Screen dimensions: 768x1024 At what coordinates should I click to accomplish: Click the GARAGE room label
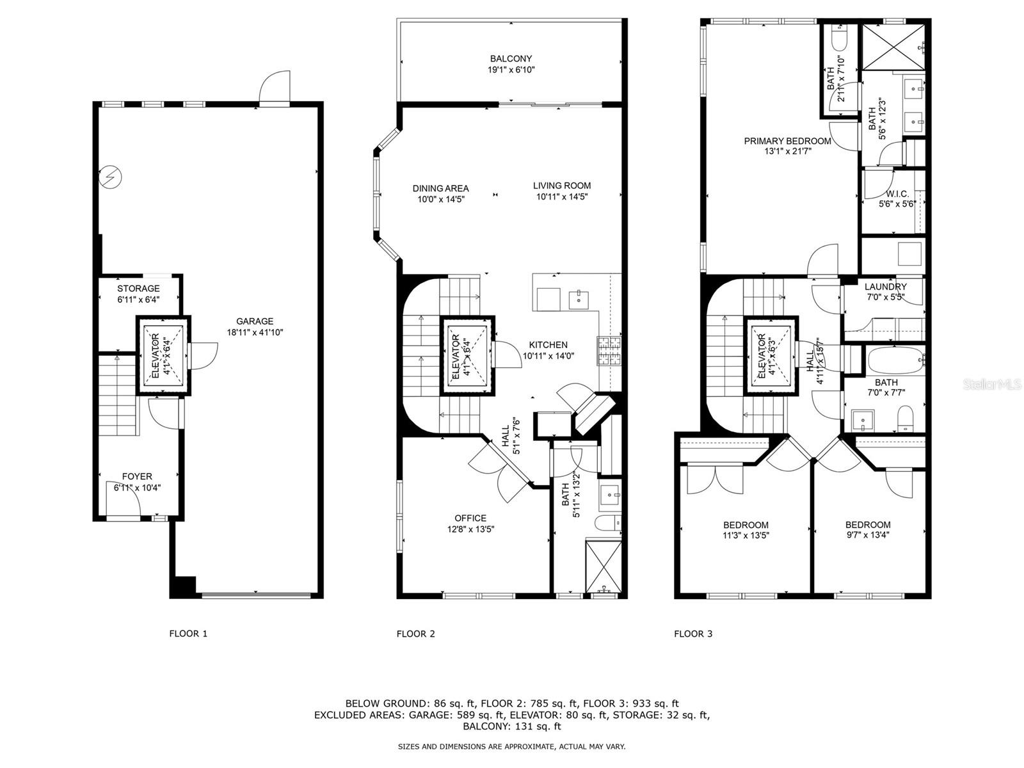(255, 321)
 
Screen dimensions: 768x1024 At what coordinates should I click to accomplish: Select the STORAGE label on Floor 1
(138, 289)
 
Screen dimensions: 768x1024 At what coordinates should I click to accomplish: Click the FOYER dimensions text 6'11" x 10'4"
(138, 487)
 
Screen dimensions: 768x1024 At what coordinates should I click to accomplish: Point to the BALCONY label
(511, 59)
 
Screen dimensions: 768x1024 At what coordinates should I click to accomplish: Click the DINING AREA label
(440, 188)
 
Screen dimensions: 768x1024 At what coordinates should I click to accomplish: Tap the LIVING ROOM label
(562, 186)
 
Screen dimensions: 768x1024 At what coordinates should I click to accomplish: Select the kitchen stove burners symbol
(610, 351)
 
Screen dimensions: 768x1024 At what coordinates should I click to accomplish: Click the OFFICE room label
(470, 518)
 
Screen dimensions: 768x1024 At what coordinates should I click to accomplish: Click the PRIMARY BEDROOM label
(787, 141)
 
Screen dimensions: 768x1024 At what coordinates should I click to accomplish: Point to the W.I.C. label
(897, 194)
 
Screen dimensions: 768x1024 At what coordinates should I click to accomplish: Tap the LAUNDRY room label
(885, 287)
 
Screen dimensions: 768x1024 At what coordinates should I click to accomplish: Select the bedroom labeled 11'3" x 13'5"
(746, 530)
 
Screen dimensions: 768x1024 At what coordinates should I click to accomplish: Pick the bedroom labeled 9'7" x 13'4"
(867, 529)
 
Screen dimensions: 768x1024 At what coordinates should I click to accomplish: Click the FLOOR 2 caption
(415, 634)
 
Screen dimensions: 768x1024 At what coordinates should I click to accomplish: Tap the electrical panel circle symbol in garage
(110, 177)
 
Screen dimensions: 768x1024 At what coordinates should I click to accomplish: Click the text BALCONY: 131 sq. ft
(512, 726)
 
